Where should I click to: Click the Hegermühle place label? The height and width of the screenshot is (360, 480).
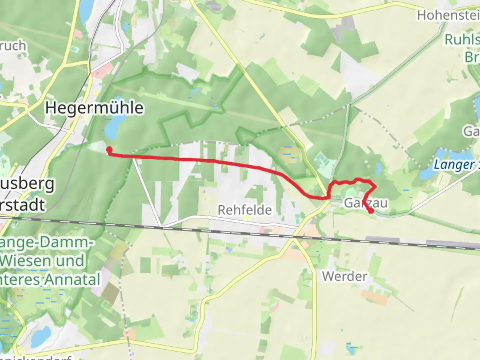(94, 108)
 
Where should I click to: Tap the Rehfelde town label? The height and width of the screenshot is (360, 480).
(245, 210)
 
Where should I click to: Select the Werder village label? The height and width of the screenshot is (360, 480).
(345, 276)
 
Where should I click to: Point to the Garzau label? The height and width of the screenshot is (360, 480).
(366, 203)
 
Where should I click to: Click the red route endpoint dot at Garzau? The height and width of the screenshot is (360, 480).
(371, 211)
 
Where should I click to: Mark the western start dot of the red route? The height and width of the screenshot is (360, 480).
(109, 149)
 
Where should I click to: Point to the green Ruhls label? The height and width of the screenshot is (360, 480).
(462, 40)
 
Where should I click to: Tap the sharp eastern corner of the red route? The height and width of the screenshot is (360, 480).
(376, 186)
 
